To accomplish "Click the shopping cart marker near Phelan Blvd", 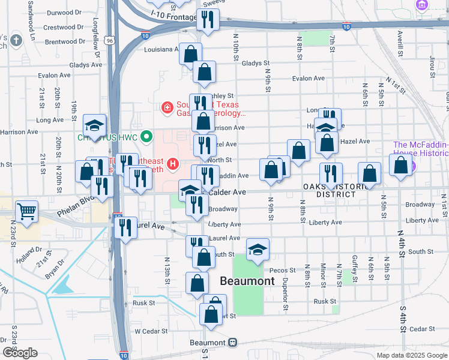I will tap(26, 211).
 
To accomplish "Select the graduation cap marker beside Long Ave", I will tap(95, 125).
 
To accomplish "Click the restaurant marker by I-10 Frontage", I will tap(208, 20).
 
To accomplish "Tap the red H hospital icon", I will tap(173, 163).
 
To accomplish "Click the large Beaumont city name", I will tap(247, 281).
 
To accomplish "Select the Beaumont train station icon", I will tap(232, 342).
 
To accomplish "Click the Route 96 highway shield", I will tap(109, 41).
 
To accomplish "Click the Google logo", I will tap(20, 352).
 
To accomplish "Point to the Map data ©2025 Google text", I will tap(411, 355).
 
